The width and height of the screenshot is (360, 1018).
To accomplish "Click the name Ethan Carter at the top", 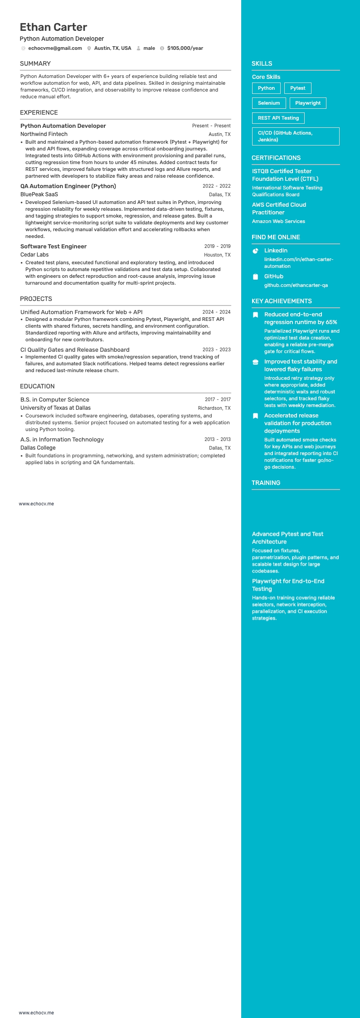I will pyautogui.click(x=54, y=27).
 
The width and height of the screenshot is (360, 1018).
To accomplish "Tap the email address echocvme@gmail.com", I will pyautogui.click(x=55, y=48).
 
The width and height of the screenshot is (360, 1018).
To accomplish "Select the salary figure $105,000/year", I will pyautogui.click(x=185, y=48).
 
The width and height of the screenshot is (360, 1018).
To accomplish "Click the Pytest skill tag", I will pyautogui.click(x=297, y=88).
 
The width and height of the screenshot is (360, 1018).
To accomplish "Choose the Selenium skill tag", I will pyautogui.click(x=269, y=103).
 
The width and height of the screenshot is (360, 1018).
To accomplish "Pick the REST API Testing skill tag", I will pyautogui.click(x=278, y=118).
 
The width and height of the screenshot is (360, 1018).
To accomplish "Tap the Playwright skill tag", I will pyautogui.click(x=308, y=103).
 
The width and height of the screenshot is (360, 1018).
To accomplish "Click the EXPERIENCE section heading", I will pyautogui.click(x=39, y=112).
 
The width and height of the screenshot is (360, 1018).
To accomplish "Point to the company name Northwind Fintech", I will pyautogui.click(x=44, y=134).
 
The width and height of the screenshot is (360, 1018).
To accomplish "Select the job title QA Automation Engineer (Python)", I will pyautogui.click(x=68, y=186).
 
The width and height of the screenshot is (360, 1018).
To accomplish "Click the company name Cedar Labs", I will pyautogui.click(x=34, y=255).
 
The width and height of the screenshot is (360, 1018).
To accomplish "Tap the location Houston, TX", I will pyautogui.click(x=217, y=255).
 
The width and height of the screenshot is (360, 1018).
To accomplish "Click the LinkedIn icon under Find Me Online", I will pyautogui.click(x=255, y=251).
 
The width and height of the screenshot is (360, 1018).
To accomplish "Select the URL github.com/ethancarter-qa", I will pyautogui.click(x=296, y=285).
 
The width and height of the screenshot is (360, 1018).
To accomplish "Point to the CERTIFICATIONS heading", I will pyautogui.click(x=276, y=158).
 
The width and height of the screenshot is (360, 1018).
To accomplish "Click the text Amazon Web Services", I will pyautogui.click(x=278, y=221).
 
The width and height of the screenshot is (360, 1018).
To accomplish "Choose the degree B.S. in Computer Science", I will pyautogui.click(x=55, y=399).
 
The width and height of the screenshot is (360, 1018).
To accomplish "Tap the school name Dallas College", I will pyautogui.click(x=38, y=448).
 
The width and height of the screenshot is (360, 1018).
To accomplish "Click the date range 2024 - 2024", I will pyautogui.click(x=216, y=312).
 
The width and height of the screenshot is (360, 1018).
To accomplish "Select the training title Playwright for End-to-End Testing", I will pyautogui.click(x=288, y=585).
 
